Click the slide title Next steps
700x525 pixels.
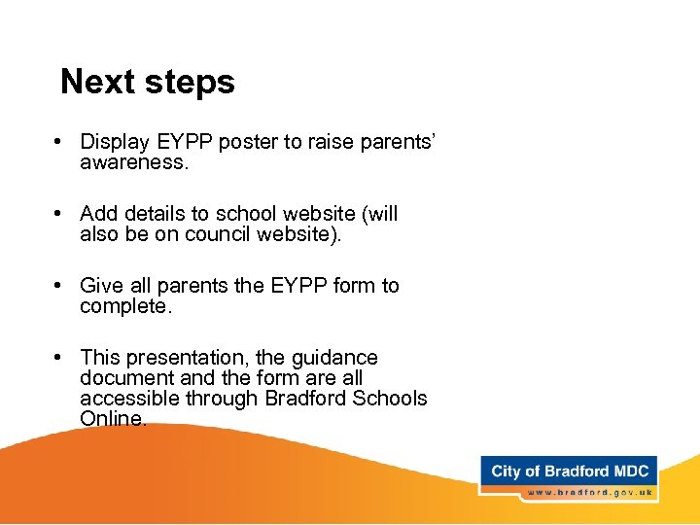coord(148,82)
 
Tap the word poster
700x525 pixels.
coord(247,142)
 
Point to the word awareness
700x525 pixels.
coord(133,162)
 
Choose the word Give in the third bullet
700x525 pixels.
coord(100,286)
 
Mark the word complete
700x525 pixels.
coord(125,306)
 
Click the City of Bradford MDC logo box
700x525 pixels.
coord(569,472)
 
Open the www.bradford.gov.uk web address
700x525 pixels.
coord(589,493)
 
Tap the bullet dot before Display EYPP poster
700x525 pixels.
coord(60,142)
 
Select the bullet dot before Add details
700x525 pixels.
coord(60,214)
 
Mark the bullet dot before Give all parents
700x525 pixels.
coord(60,286)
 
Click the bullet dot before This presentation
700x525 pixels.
coord(60,358)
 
